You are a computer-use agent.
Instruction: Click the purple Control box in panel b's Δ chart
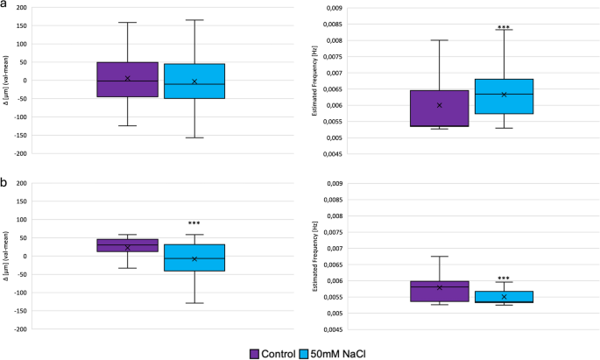point(127,245)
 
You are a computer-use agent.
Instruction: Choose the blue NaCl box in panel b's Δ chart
point(194,258)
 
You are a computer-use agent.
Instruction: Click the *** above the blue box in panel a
point(504,27)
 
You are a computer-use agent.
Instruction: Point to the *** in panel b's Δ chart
point(194,223)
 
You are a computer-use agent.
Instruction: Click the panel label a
point(5,6)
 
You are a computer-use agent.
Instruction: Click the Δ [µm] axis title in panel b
point(6,256)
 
